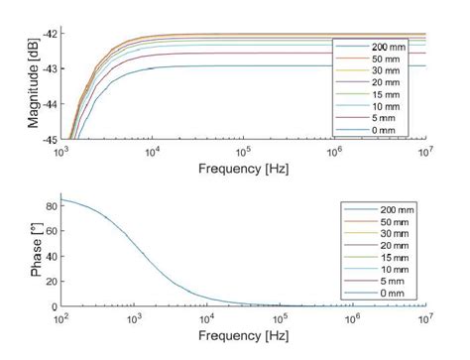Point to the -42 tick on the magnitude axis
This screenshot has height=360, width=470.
(51, 34)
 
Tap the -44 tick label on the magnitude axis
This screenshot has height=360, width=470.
(51, 104)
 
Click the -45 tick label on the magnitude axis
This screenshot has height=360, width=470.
(51, 139)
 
